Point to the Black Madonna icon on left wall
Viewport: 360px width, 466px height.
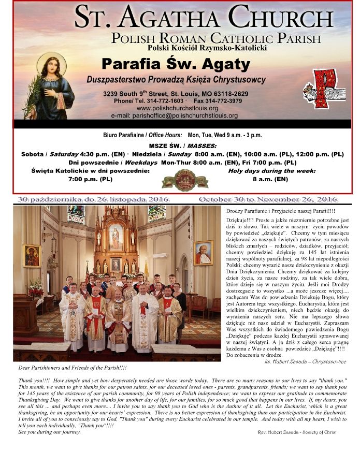click(x=32, y=255)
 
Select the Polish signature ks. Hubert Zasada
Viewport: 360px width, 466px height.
click(x=305, y=361)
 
